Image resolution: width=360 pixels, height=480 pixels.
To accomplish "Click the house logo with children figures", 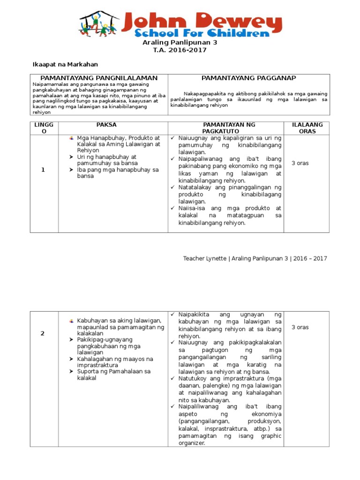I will tap(99, 24).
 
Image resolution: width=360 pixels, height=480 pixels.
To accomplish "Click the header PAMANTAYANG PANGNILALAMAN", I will tap(99, 78).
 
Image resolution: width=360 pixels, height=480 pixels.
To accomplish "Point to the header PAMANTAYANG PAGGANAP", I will tap(248, 78).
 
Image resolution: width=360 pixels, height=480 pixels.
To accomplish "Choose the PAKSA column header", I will tap(106, 125).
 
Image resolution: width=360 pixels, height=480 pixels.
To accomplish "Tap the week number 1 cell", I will tap(43, 170).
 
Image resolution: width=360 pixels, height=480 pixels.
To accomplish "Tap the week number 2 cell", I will tap(43, 333).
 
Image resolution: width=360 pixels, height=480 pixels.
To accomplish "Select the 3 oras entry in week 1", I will tap(300, 164).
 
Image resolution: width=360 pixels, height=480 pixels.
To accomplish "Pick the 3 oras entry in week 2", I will tap(300, 327).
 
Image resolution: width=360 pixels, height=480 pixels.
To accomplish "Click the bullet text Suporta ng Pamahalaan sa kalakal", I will tap(113, 375).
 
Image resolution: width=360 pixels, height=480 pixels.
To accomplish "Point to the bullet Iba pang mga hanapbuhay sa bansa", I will tap(118, 173).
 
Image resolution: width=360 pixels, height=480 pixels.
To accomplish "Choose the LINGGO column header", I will tap(43, 128).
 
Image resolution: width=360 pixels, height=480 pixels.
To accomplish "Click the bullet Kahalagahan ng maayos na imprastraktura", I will tap(115, 362).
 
